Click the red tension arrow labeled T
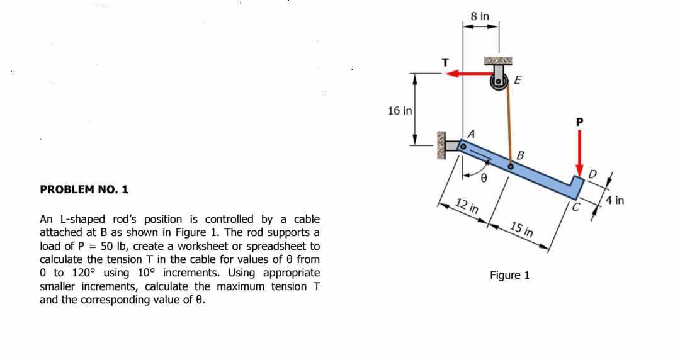[x=469, y=74]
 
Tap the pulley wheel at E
[x=499, y=81]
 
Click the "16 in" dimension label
[x=400, y=111]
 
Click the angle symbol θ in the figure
[x=484, y=179]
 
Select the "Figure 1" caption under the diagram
[x=509, y=275]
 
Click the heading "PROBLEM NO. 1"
[x=84, y=189]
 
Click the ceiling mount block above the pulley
[x=498, y=61]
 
